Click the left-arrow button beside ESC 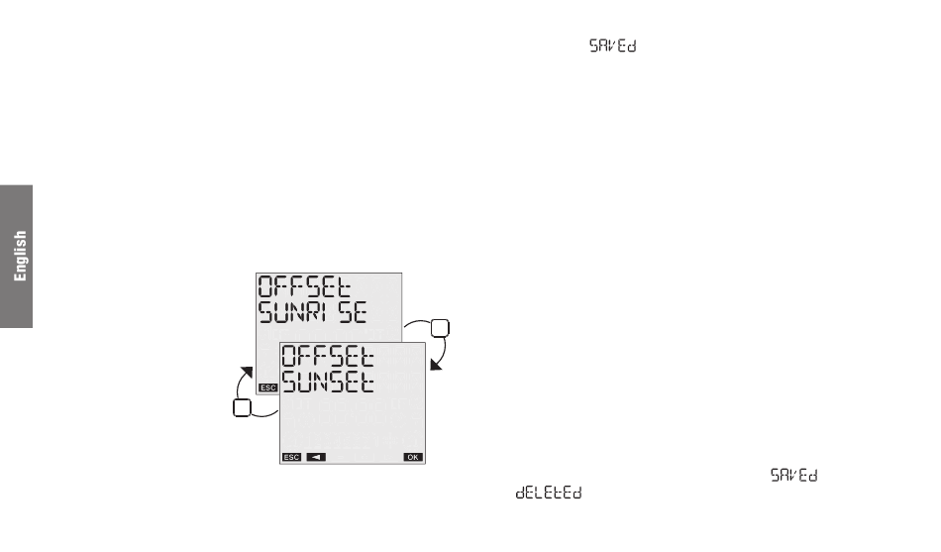click(x=315, y=457)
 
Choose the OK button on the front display click(x=412, y=457)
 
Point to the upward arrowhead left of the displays click(x=244, y=370)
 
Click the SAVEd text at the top click(x=612, y=47)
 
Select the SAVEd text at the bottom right click(x=794, y=478)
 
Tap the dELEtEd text click(x=549, y=493)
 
